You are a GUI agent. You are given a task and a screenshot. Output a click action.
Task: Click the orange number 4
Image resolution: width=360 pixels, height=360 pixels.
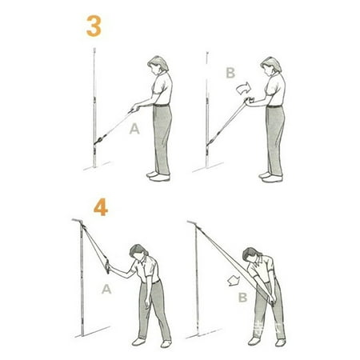tap(101, 208)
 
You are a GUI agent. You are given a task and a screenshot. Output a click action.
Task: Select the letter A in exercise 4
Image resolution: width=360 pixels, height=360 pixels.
tap(106, 290)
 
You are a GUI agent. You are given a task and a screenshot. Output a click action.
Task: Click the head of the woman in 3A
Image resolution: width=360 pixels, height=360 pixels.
tap(156, 65)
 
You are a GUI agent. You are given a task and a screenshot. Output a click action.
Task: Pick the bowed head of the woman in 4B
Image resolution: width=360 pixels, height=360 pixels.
tap(255, 256)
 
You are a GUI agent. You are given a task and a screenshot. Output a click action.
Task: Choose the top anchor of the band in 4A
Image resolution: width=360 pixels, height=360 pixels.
tap(83, 222)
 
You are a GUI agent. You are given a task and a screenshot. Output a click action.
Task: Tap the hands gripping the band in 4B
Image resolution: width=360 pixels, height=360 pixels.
tap(272, 302)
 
